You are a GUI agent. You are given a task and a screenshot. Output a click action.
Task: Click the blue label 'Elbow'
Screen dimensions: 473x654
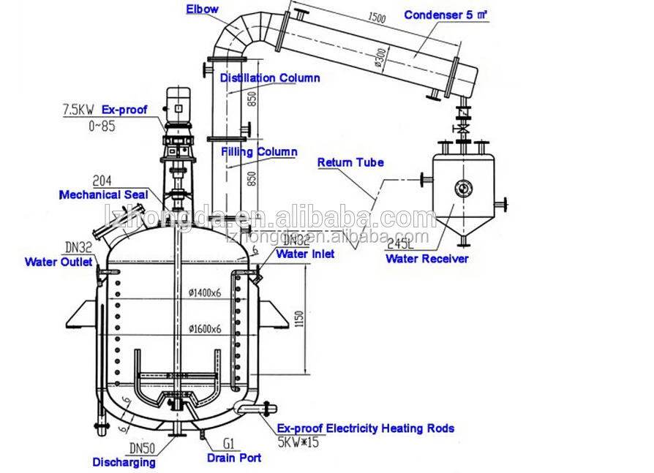[x=203, y=9]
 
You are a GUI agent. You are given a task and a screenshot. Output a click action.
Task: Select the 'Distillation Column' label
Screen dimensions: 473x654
[x=269, y=78]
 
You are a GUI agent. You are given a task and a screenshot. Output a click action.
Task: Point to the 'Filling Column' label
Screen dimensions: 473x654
[x=259, y=152]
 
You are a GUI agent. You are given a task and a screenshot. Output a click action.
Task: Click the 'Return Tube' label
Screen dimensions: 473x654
[x=350, y=162]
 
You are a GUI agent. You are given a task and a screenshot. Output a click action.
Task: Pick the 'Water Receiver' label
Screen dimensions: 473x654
[x=427, y=258]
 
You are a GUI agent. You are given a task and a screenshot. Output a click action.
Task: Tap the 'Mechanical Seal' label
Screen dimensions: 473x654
[x=102, y=194]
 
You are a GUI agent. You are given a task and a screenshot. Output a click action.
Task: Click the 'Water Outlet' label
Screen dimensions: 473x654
[x=59, y=262]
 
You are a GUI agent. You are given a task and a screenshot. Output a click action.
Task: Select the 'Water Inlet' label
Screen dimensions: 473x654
[x=305, y=254]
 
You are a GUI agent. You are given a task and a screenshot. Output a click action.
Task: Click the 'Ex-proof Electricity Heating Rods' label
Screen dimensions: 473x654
[x=365, y=428]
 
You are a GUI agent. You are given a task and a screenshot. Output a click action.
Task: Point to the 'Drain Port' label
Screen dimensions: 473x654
[x=235, y=458]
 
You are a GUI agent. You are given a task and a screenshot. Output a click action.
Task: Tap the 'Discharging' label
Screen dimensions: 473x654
[x=124, y=462]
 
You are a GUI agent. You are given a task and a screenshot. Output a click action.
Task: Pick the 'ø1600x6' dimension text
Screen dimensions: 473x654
[x=204, y=329]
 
